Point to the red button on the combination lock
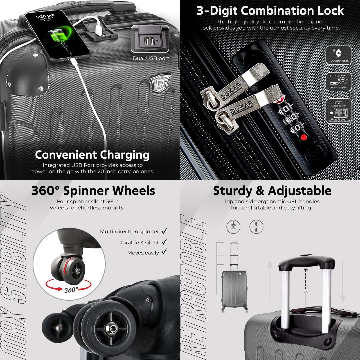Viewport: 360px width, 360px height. point(304,137)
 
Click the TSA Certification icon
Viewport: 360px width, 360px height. point(338,54)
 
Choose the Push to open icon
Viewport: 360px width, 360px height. point(338,81)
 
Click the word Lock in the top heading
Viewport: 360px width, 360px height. point(328,11)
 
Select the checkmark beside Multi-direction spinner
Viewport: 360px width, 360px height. point(164,231)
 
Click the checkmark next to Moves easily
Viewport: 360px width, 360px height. point(164,252)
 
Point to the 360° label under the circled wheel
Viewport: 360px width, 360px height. point(71,290)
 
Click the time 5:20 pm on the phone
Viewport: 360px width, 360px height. point(45,16)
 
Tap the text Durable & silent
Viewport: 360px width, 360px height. point(139,242)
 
